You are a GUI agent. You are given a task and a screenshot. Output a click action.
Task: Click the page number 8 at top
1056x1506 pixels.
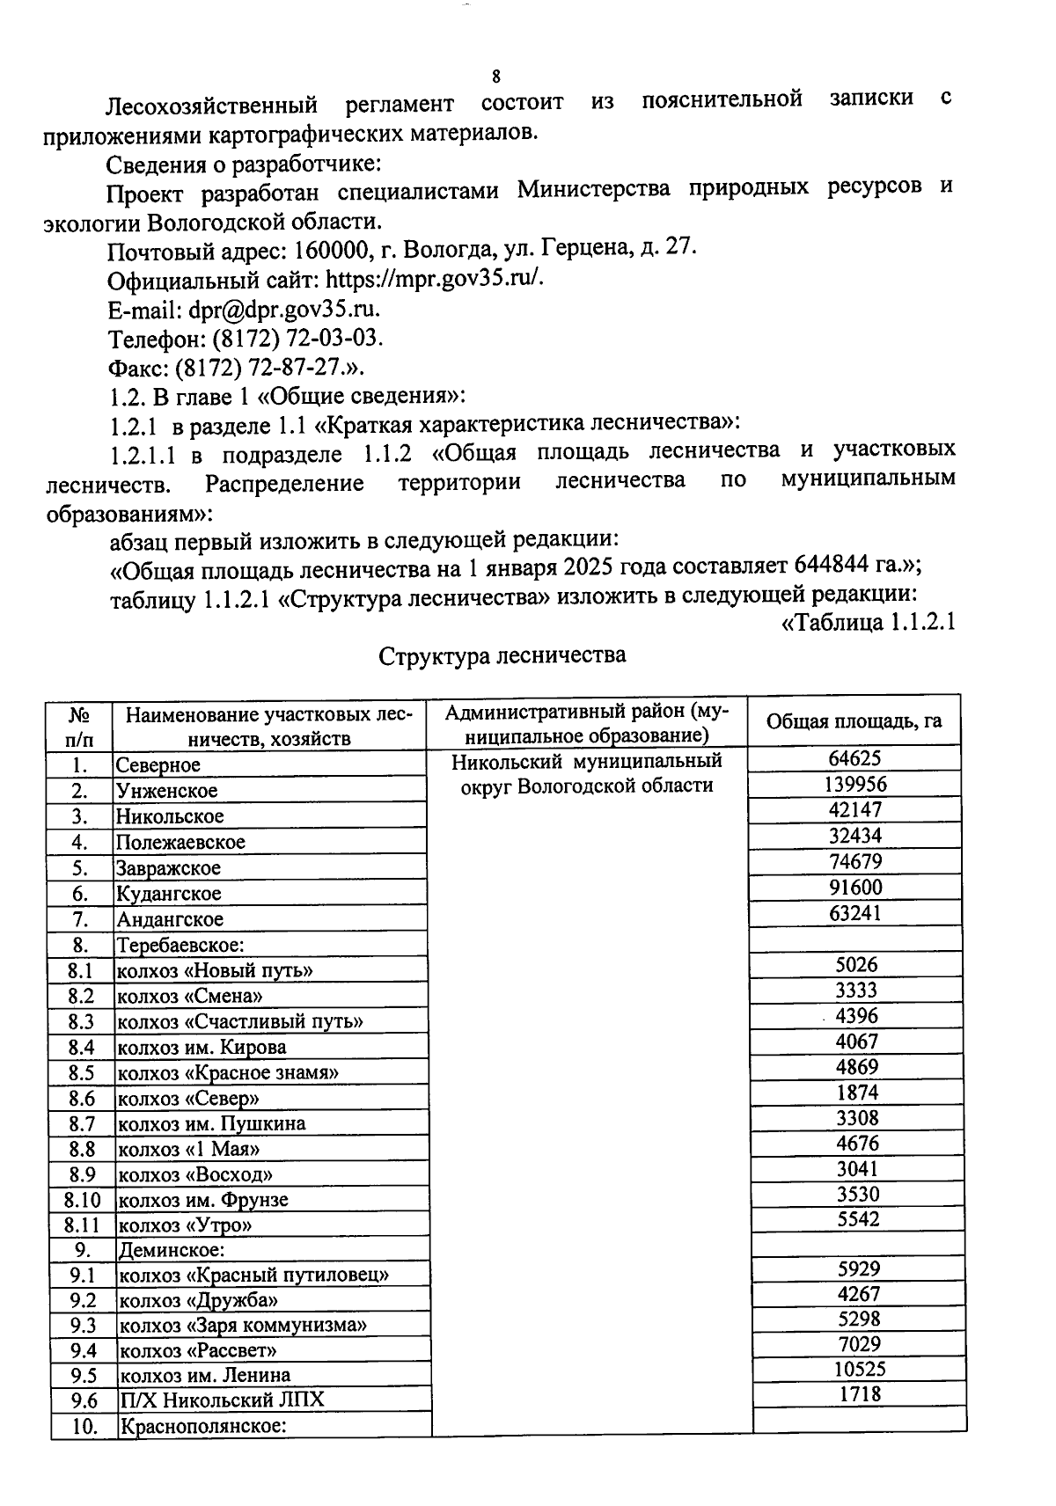(x=496, y=76)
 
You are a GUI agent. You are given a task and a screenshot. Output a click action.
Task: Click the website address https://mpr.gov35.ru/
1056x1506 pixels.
(x=436, y=280)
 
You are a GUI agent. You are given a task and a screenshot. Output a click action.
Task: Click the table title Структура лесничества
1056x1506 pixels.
(x=502, y=656)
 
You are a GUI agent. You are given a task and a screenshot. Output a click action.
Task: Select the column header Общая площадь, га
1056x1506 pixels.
(x=854, y=721)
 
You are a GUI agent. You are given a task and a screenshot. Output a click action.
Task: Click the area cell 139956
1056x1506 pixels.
(x=855, y=784)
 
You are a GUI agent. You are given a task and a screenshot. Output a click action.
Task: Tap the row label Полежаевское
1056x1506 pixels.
(x=181, y=842)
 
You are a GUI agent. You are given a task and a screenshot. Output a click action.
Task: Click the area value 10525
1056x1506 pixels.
(x=860, y=1369)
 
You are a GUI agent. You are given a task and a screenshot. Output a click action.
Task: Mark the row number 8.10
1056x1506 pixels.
(x=83, y=1200)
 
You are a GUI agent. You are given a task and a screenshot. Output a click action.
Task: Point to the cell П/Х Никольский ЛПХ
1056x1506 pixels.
(x=222, y=1400)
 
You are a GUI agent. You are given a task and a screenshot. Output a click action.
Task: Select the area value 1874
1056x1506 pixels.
(x=856, y=1093)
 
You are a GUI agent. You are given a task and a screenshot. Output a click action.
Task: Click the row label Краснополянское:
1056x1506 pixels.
(x=203, y=1426)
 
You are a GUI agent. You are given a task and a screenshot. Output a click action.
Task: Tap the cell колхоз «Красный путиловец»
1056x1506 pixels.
(x=253, y=1275)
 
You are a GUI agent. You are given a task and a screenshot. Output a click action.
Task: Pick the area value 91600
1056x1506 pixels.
(x=855, y=887)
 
